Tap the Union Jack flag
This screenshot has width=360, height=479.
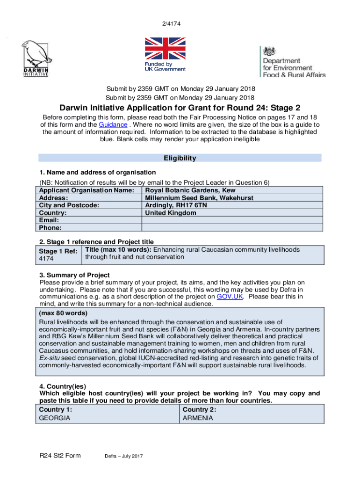(165, 49)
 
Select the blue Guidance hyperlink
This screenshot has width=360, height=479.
(113, 125)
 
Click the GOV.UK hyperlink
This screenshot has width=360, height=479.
(229, 297)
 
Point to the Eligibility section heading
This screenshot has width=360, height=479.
(180, 158)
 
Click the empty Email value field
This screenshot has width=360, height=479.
(232, 220)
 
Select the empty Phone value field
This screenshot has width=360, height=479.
(232, 228)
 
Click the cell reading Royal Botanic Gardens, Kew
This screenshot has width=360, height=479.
(190, 190)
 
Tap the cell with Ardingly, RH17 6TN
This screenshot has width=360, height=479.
(176, 205)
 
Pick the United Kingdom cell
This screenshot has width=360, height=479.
(170, 213)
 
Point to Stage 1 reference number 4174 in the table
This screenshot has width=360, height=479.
(46, 258)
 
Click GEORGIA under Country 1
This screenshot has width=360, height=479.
(54, 418)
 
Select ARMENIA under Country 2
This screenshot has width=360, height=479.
(198, 418)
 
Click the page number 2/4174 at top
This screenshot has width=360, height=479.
(180, 23)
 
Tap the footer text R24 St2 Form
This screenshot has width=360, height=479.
(60, 456)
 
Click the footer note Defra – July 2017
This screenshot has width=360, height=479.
(123, 456)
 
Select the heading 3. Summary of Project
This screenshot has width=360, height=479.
(74, 275)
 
